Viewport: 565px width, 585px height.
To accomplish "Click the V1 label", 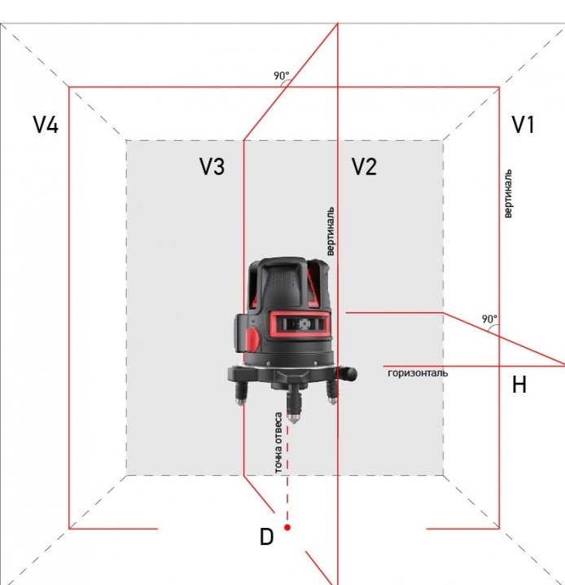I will point(523,125).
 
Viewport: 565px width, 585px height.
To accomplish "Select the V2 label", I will point(364,167).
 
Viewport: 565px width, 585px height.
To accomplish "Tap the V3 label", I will point(212,167).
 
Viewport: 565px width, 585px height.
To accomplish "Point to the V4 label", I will point(46,125).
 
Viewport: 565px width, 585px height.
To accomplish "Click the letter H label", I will point(519,385).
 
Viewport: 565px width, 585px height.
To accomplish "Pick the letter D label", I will point(266,537).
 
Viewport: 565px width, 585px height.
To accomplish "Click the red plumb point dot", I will point(287,528).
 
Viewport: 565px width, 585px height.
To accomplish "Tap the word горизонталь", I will point(418,373).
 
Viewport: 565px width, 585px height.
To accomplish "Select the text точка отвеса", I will point(278,443).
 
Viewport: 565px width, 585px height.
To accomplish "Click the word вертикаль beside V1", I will point(508,194).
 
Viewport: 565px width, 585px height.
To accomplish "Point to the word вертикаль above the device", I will point(331,231).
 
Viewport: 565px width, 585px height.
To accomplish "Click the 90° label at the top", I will point(281,76).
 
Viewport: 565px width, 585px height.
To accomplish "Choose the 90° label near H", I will point(488,319).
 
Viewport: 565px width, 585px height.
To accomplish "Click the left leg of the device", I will point(241,395).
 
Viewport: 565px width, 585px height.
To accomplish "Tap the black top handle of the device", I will point(287,277).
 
